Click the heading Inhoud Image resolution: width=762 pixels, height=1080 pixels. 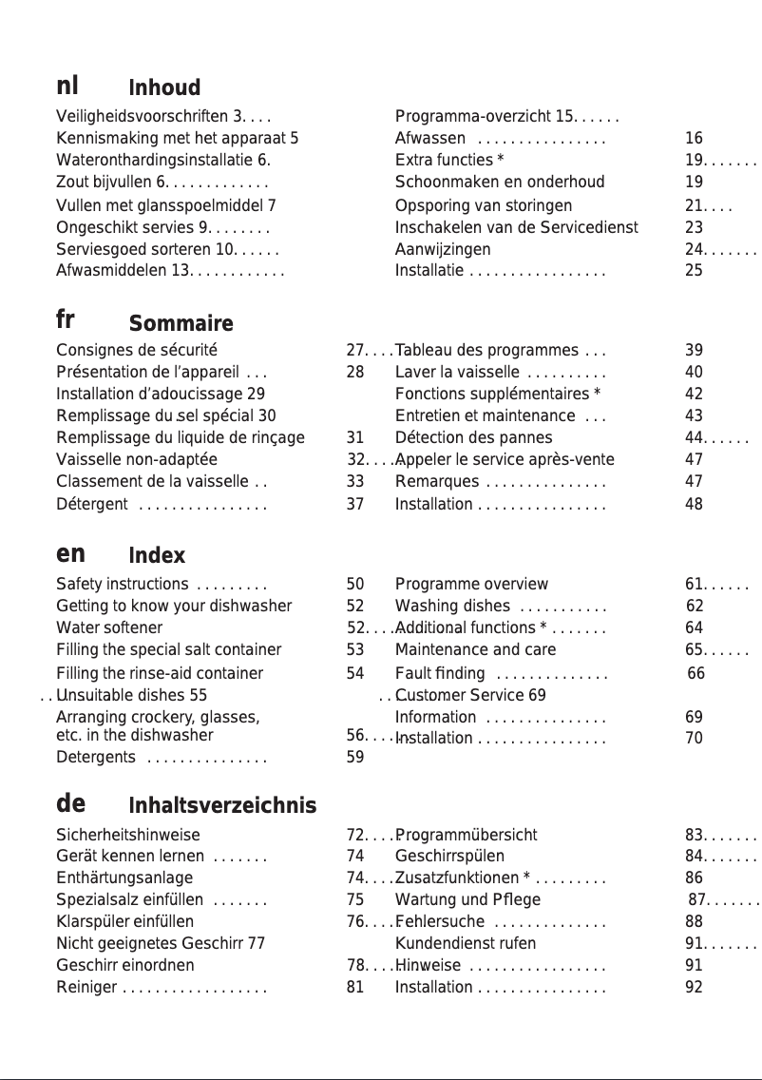[x=163, y=88]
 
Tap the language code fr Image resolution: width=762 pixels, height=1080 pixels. [x=67, y=318]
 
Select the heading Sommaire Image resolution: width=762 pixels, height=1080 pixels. [x=181, y=324]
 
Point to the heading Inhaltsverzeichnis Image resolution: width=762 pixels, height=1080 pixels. [x=222, y=806]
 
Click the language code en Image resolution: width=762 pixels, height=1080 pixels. [x=70, y=552]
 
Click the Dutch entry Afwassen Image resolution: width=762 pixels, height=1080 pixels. [x=429, y=138]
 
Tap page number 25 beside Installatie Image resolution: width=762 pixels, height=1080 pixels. [x=694, y=271]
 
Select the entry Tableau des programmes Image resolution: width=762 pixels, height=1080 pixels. [x=486, y=350]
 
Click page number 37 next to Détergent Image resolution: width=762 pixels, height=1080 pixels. [x=355, y=504]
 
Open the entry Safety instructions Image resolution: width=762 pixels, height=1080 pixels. [x=122, y=584]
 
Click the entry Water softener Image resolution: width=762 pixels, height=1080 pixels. [x=109, y=627]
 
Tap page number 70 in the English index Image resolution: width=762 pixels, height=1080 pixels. [x=694, y=737]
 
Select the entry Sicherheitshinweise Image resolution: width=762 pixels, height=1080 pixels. [x=128, y=835]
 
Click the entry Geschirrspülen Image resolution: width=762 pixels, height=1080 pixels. [x=449, y=856]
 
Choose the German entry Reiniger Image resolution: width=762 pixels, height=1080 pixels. [x=86, y=987]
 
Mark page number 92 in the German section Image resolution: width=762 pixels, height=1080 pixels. [x=694, y=987]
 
